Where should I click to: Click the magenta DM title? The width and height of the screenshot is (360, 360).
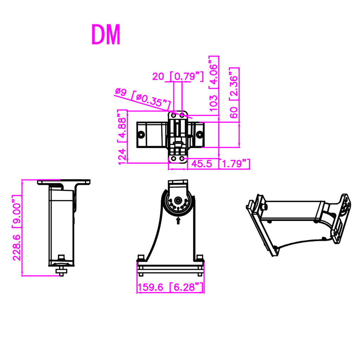tap(106, 34)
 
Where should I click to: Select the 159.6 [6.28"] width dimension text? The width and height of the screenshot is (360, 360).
tap(171, 287)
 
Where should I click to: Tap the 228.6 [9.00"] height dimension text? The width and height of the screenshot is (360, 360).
tap(17, 228)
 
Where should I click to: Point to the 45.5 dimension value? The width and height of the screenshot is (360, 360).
tap(201, 164)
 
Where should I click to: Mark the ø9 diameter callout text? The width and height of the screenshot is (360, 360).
tap(121, 92)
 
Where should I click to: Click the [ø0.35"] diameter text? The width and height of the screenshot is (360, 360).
tap(150, 100)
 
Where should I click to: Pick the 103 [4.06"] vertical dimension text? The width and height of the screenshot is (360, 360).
tap(213, 84)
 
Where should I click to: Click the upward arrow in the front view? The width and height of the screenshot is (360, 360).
tap(178, 221)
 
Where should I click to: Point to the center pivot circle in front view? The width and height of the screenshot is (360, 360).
tap(177, 200)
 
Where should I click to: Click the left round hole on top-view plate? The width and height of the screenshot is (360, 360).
tap(141, 134)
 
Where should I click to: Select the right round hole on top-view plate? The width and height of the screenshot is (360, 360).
tap(200, 134)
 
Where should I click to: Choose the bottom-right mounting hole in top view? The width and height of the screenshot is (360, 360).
tap(182, 159)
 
